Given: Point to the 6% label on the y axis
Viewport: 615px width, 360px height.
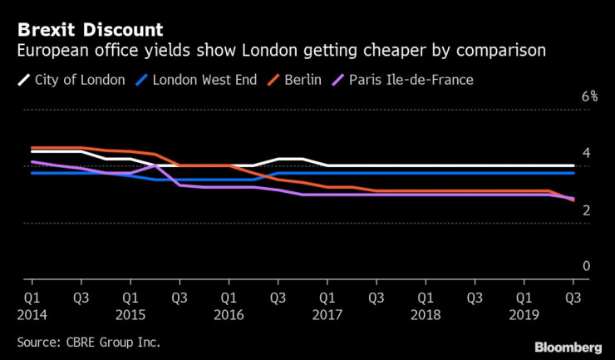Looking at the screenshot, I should click(589, 96).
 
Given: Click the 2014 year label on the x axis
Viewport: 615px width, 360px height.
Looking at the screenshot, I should click(32, 316).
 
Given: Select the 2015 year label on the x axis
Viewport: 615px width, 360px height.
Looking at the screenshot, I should click(130, 316).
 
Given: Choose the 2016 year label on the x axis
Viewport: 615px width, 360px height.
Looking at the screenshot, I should click(228, 316).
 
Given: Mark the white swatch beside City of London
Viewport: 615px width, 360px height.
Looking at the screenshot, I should click(24, 81).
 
